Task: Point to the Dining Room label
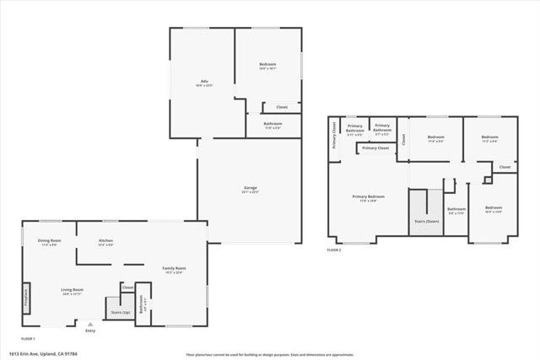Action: click(50, 242)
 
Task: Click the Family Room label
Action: click(174, 269)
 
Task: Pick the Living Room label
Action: click(72, 291)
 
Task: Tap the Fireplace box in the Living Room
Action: click(26, 298)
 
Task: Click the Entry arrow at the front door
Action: click(90, 324)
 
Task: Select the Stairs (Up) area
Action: click(119, 311)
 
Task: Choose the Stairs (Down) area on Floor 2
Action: click(425, 221)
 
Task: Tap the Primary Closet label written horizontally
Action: click(377, 148)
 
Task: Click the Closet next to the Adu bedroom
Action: click(282, 107)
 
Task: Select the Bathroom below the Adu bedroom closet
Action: click(273, 126)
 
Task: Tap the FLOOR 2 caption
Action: click(335, 250)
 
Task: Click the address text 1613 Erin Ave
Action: click(42, 353)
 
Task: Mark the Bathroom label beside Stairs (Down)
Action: click(456, 211)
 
